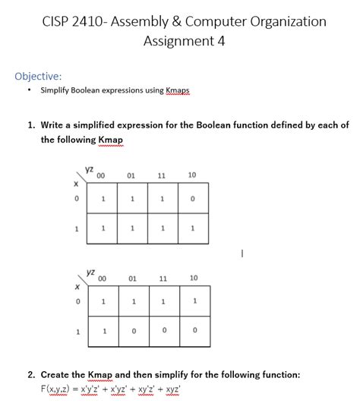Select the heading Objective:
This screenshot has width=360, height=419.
pyautogui.click(x=38, y=76)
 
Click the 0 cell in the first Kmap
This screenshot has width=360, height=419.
pyautogui.click(x=192, y=200)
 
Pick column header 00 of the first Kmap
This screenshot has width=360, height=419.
pyautogui.click(x=101, y=175)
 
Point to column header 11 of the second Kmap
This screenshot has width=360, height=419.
pyautogui.click(x=163, y=278)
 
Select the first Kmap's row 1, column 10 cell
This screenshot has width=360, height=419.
pyautogui.click(x=192, y=228)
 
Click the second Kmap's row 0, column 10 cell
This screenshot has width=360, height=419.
pyautogui.click(x=194, y=301)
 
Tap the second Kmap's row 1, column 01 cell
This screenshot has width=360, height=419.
pyautogui.click(x=132, y=331)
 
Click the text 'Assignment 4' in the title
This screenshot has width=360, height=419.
pyautogui.click(x=184, y=41)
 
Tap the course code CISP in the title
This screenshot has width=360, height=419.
pyautogui.click(x=58, y=20)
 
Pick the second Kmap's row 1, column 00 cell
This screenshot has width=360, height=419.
pyautogui.click(x=103, y=331)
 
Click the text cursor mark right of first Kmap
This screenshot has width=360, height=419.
pyautogui.click(x=242, y=255)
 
